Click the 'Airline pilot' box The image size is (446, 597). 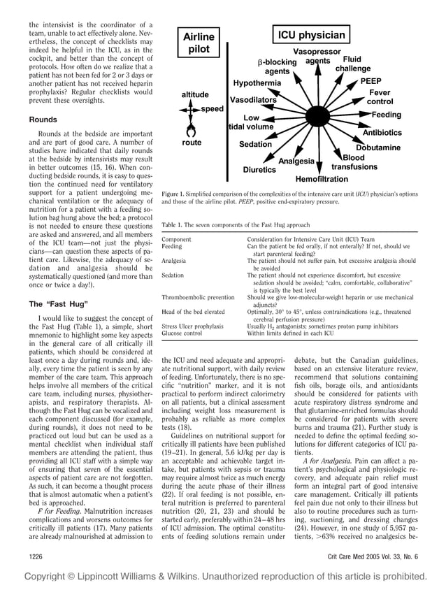tap(199, 43)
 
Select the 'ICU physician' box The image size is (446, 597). tap(312, 35)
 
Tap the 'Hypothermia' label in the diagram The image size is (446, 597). tap(257, 83)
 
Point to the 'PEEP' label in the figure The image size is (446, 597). tap(371, 82)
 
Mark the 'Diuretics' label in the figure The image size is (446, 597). tap(259, 169)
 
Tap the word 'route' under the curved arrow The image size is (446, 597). tap(192, 143)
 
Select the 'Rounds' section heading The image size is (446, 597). tap(45, 120)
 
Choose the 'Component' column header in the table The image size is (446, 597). tap(176, 239)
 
